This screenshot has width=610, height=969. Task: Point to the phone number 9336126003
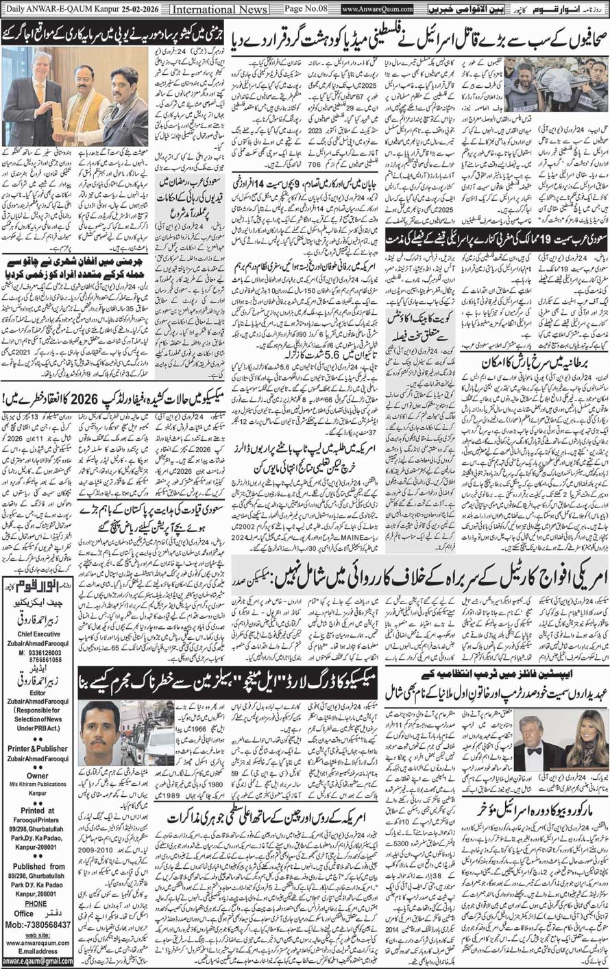coord(39,652)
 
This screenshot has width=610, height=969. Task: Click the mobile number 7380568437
coord(42,925)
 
